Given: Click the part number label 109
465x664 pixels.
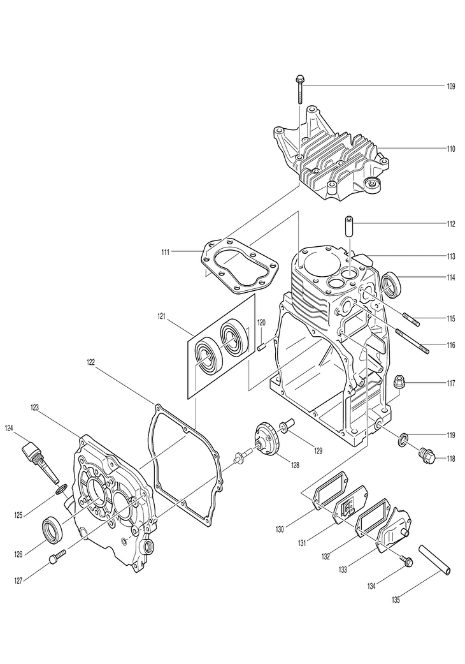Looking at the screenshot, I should pos(450,85).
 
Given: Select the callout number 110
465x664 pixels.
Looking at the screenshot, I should pos(450,149).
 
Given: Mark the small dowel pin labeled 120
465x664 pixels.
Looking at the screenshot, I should pos(261,345).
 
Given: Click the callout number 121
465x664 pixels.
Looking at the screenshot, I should pos(162,316).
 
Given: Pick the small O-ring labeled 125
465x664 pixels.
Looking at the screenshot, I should pos(61,489).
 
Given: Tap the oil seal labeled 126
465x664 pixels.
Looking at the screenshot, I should pos(54,529).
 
